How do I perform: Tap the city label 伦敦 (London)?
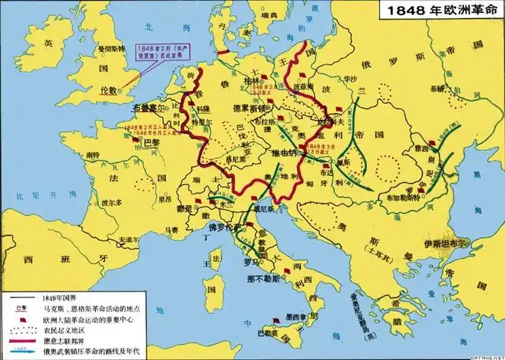pyautogui.click(x=108, y=91)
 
